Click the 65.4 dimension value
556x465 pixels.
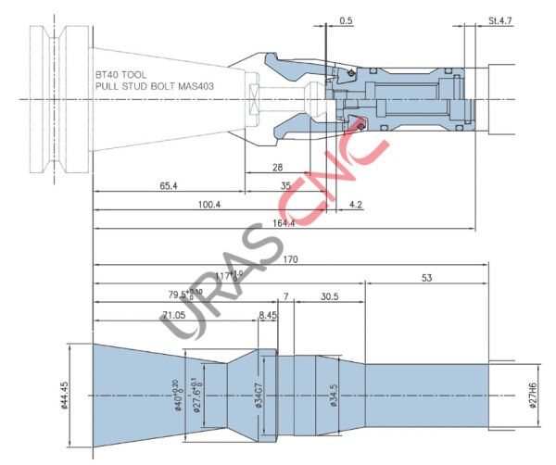tap(168, 186)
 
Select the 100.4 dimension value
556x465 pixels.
tap(209, 205)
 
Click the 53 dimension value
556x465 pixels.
tap(426, 277)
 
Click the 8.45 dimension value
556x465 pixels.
tap(268, 315)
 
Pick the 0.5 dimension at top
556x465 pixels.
tap(347, 19)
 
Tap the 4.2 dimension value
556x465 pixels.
tap(357, 205)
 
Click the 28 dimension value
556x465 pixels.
tap(278, 168)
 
